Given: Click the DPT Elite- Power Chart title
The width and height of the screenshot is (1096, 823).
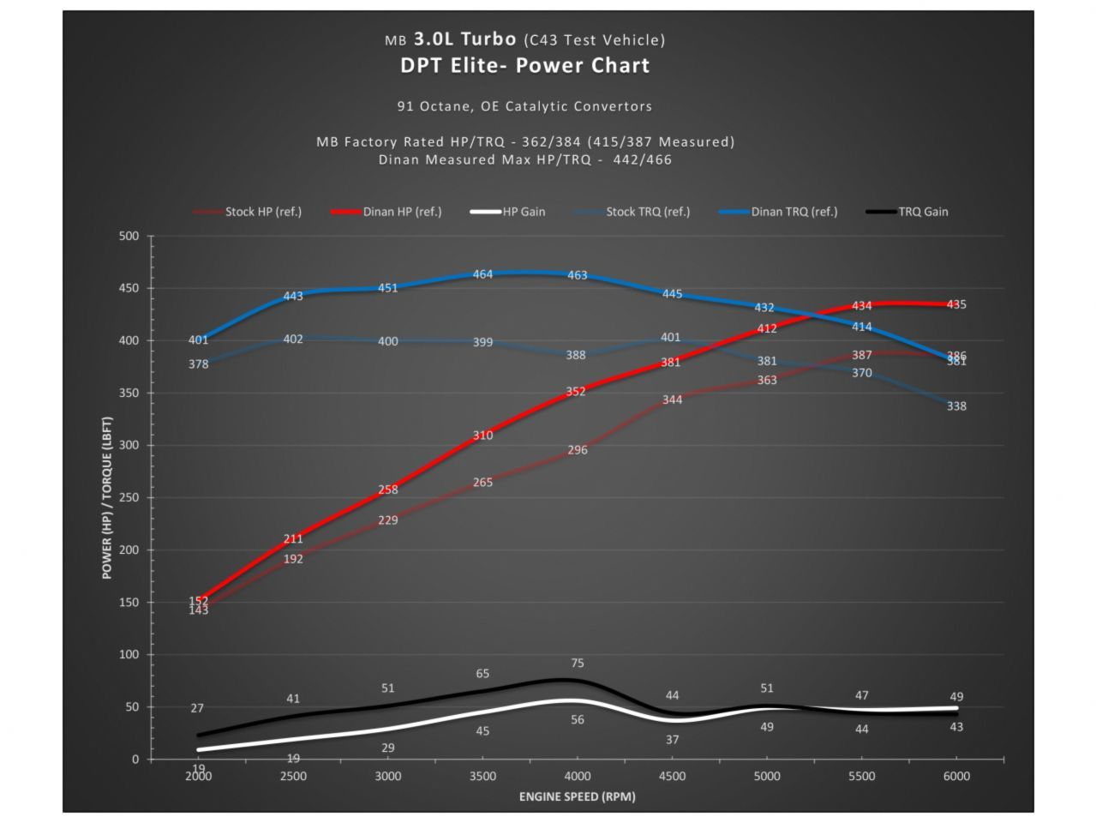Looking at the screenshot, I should click(x=524, y=66).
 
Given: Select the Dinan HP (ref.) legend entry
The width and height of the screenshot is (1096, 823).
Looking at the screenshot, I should click(x=401, y=212).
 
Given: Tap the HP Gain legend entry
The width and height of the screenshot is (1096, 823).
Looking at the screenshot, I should click(x=523, y=212).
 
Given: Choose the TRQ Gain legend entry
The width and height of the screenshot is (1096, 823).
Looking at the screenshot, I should click(x=922, y=212).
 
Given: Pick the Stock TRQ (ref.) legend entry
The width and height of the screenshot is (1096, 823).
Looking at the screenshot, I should click(x=647, y=212).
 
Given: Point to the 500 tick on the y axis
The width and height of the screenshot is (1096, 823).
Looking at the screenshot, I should click(x=129, y=237).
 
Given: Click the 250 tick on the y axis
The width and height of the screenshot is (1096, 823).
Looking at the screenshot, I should click(x=129, y=498).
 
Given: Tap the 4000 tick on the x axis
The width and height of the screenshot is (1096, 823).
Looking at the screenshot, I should click(x=578, y=777).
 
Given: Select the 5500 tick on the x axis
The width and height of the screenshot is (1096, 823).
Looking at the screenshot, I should click(x=861, y=777).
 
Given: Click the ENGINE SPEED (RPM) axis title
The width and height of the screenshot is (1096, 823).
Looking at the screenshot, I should click(x=577, y=797).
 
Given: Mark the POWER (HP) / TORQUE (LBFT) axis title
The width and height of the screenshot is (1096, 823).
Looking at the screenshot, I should click(x=107, y=498).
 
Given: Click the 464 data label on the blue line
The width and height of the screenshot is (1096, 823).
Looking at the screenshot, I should click(x=482, y=275).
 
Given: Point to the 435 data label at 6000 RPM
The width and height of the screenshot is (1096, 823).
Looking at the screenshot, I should click(x=956, y=304).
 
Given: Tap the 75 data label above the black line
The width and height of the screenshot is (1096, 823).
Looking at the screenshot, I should click(x=578, y=664).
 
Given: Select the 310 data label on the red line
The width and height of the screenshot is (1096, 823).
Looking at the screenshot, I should click(x=482, y=436).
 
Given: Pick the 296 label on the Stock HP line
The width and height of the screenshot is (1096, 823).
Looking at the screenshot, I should click(x=578, y=450).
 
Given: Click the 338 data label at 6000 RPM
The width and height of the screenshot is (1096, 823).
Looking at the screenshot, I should click(x=956, y=406).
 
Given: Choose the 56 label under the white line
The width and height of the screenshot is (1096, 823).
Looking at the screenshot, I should click(x=578, y=720).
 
